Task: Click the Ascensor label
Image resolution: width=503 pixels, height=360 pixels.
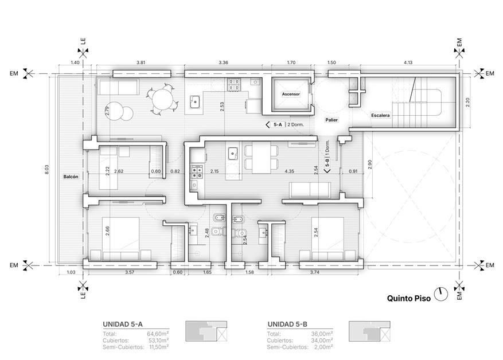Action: click(x=291, y=94)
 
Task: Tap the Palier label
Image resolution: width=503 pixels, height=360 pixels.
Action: click(x=332, y=120)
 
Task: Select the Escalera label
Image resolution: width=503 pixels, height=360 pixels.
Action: click(x=380, y=115)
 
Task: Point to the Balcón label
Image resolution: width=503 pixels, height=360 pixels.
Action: click(x=71, y=177)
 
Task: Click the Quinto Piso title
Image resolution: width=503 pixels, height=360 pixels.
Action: click(x=409, y=299)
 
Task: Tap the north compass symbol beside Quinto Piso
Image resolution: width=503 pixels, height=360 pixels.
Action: click(x=440, y=294)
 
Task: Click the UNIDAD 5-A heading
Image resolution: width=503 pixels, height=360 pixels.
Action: click(x=123, y=324)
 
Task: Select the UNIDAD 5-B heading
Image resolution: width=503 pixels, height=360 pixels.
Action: click(x=287, y=324)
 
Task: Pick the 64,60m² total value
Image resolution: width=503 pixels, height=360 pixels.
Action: click(x=158, y=334)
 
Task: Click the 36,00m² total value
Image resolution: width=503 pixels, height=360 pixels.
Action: click(x=322, y=334)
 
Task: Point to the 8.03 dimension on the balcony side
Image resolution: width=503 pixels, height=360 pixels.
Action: click(x=47, y=169)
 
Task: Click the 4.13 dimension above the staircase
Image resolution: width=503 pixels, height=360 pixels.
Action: click(x=408, y=62)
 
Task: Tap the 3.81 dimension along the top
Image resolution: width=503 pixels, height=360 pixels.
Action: click(x=141, y=62)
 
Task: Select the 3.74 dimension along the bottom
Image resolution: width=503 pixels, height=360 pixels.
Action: click(x=315, y=272)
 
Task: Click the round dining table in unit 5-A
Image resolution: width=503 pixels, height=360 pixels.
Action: click(x=163, y=99)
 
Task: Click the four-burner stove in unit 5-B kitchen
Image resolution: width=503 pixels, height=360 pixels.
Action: click(x=197, y=172)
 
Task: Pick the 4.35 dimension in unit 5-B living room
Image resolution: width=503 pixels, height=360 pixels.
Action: click(x=289, y=171)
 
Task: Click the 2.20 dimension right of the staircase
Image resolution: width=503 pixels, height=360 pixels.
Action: click(x=467, y=102)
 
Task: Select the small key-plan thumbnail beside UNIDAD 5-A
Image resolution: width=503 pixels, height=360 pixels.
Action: click(x=206, y=331)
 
